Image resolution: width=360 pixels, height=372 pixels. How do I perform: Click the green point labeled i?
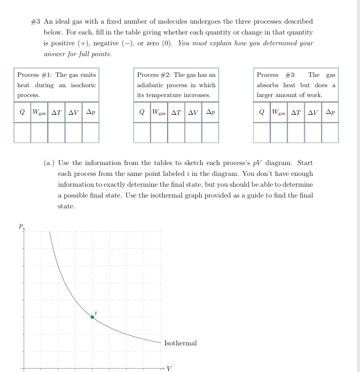click(x=92, y=317)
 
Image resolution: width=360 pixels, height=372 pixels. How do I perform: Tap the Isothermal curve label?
click(x=180, y=343)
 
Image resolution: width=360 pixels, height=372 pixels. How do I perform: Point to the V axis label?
click(x=170, y=368)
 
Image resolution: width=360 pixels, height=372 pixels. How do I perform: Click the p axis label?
click(x=21, y=226)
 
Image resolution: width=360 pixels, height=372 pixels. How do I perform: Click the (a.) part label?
click(x=49, y=163)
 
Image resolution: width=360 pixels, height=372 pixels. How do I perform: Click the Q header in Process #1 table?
click(x=22, y=112)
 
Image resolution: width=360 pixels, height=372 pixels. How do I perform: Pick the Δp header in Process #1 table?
click(x=91, y=112)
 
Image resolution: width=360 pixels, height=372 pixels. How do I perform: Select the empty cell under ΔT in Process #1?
click(x=56, y=132)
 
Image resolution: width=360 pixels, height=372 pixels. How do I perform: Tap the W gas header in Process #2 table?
click(x=159, y=112)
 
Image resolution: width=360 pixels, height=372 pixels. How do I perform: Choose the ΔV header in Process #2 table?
click(x=193, y=112)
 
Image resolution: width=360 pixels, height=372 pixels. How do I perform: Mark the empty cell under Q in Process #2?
click(x=142, y=132)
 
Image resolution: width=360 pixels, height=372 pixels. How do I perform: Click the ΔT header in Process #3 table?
click(x=296, y=112)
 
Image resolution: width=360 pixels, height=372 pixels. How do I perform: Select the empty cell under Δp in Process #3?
click(x=330, y=132)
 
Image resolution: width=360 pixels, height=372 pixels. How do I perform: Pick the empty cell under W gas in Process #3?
click(x=279, y=132)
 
